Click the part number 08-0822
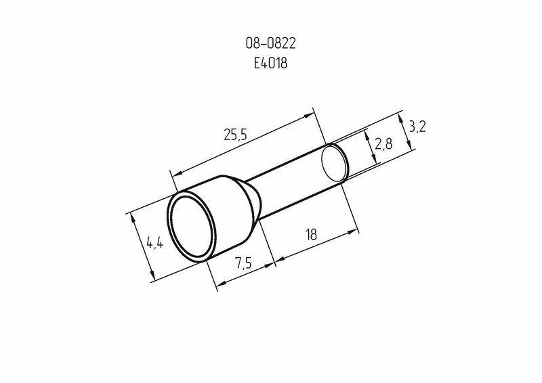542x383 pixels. pyautogui.click(x=270, y=45)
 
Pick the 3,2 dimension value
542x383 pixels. pyautogui.click(x=417, y=126)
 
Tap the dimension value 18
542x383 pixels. pyautogui.click(x=312, y=235)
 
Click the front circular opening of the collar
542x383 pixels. pyautogui.click(x=192, y=231)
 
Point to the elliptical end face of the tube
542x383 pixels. pyautogui.click(x=334, y=164)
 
